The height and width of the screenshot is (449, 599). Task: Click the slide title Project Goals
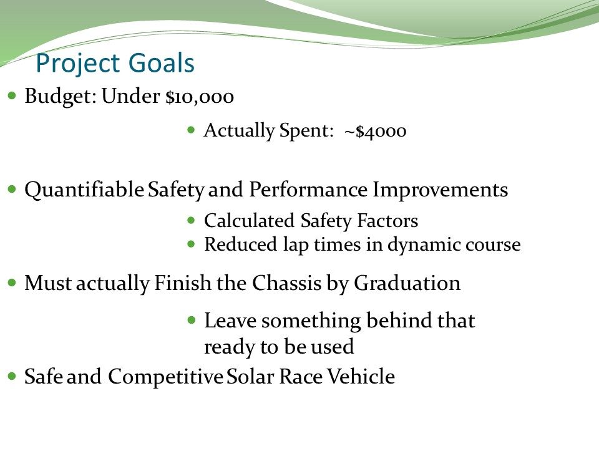115,64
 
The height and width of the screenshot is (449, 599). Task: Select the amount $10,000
200,97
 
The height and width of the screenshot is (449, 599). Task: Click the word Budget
58,97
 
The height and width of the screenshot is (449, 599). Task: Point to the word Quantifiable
84,190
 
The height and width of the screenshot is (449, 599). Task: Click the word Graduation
407,283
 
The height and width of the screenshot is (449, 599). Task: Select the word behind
399,321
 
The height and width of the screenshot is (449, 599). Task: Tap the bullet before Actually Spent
192,130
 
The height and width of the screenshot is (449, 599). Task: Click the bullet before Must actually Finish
12,282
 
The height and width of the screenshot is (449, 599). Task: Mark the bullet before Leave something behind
192,320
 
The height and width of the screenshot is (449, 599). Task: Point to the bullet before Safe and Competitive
12,376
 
